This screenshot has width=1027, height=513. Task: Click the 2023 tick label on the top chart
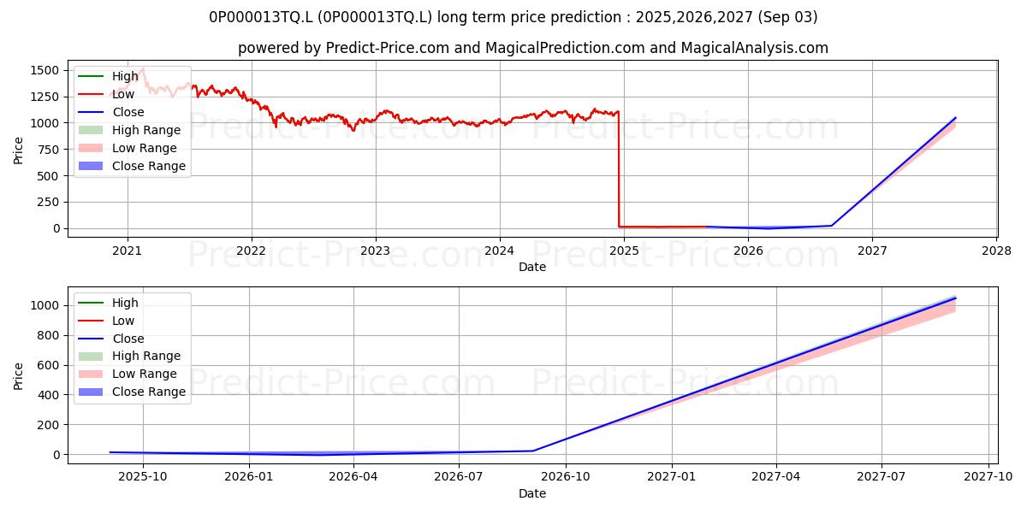point(375,251)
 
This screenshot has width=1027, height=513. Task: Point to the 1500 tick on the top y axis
point(45,70)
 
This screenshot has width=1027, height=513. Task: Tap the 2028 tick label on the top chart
point(996,251)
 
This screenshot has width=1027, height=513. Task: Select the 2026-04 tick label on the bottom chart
point(353,477)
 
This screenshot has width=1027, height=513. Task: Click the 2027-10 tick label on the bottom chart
point(988,477)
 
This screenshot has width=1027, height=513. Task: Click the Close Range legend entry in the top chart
point(132,166)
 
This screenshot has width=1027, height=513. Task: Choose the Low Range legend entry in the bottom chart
point(128,374)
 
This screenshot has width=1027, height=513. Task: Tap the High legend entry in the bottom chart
point(108,303)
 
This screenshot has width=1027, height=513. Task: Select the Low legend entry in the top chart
point(106,94)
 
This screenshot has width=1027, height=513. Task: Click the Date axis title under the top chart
point(531,267)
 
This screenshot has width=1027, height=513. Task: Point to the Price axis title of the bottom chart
point(18,376)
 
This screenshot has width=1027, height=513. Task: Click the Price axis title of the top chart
point(18,150)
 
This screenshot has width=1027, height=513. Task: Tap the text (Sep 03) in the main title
point(787,17)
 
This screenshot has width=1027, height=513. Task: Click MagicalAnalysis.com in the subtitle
point(754,48)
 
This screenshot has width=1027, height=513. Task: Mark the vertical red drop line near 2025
point(619,169)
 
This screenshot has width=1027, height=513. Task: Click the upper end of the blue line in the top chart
point(955,118)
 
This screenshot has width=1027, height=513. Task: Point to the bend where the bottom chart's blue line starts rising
point(532,451)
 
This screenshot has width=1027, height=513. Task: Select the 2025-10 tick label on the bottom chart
point(143,477)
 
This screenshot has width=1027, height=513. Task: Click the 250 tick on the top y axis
point(49,202)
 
